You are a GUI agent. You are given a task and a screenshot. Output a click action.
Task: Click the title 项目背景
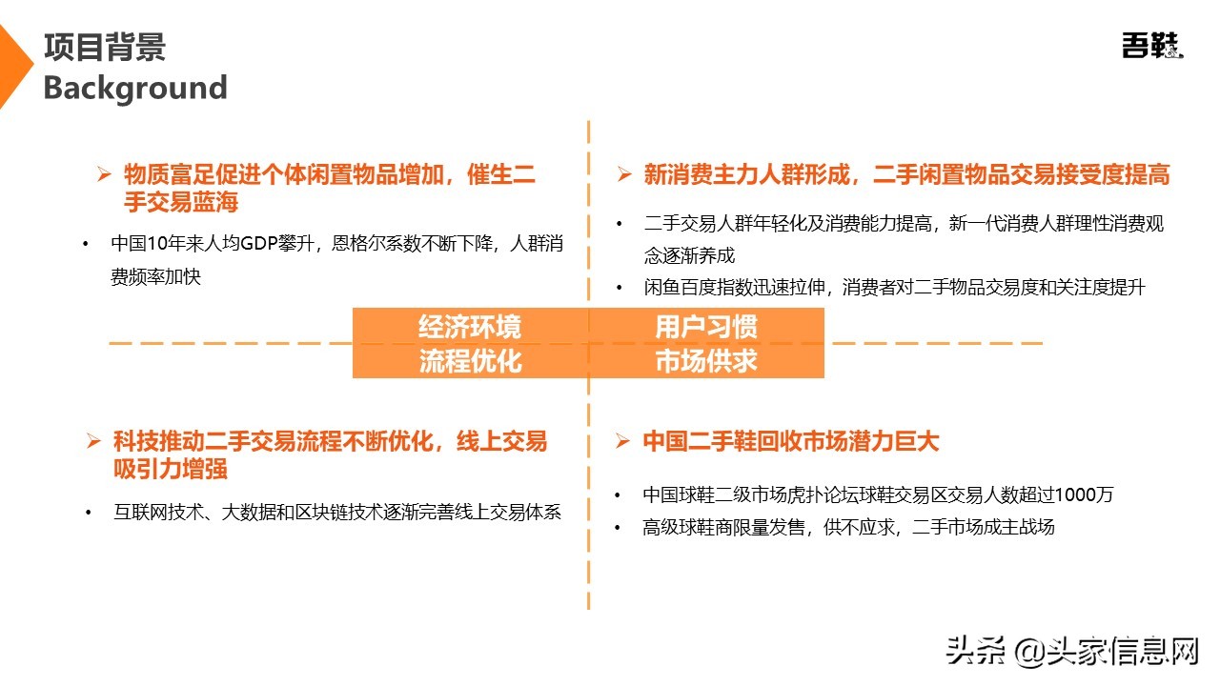(x=105, y=47)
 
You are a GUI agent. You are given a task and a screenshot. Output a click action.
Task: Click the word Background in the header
(x=135, y=88)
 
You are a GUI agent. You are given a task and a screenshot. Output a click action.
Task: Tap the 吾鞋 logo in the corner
(x=1151, y=46)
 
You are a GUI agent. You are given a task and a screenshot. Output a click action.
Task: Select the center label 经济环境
(x=470, y=327)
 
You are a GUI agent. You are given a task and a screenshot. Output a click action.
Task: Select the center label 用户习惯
(x=706, y=327)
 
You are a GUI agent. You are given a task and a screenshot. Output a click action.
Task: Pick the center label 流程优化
(x=470, y=361)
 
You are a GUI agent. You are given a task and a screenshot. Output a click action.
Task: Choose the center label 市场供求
(x=706, y=361)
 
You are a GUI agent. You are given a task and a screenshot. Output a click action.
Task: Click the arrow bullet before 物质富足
(x=105, y=174)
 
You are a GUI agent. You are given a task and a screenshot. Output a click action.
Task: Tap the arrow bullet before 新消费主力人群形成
(x=624, y=174)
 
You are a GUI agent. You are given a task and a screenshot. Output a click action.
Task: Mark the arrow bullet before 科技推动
(x=93, y=441)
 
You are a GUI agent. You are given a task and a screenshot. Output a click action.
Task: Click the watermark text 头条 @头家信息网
(x=1072, y=652)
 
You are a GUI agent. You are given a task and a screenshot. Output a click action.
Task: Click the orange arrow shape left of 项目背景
(x=13, y=67)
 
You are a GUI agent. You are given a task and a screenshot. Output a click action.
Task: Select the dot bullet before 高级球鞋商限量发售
(x=620, y=527)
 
